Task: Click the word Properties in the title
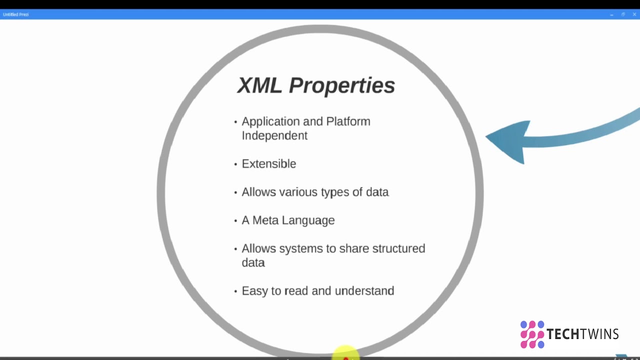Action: pyautogui.click(x=342, y=85)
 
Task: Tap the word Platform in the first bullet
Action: pyautogui.click(x=348, y=121)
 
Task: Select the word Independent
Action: pyautogui.click(x=274, y=135)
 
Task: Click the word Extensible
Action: pyautogui.click(x=269, y=164)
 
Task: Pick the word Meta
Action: pyautogui.click(x=265, y=220)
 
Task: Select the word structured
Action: pyautogui.click(x=398, y=248)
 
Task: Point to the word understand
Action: pyautogui.click(x=364, y=291)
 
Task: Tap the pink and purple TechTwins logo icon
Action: pyautogui.click(x=532, y=334)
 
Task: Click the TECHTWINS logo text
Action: pyautogui.click(x=582, y=334)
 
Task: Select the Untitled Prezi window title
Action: pyautogui.click(x=16, y=14)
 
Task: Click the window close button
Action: pyautogui.click(x=634, y=14)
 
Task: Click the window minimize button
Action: pyautogui.click(x=611, y=14)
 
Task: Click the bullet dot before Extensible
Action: pyautogui.click(x=235, y=164)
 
